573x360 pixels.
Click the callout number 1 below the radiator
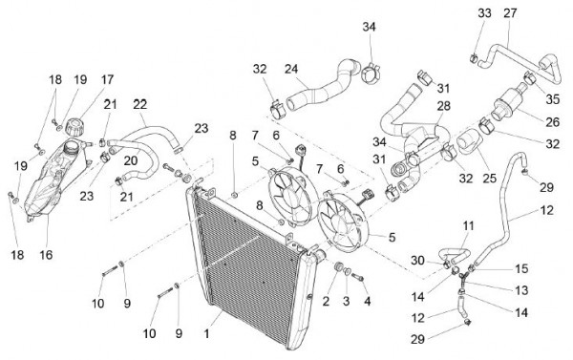[x=206, y=333]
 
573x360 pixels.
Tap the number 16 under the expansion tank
[x=47, y=255]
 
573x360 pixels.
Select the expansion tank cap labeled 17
[x=74, y=127]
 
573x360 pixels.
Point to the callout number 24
[x=291, y=69]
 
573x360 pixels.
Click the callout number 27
[x=510, y=13]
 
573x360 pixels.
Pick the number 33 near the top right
[x=484, y=13]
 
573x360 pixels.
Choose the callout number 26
[x=552, y=122]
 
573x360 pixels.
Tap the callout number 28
[x=444, y=106]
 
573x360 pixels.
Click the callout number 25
[x=489, y=178]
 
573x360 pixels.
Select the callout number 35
[x=553, y=98]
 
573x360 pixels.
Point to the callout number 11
[x=468, y=226]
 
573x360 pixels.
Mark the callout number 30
[x=417, y=261]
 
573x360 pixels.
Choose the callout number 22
[x=140, y=104]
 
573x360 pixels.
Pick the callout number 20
[x=131, y=160]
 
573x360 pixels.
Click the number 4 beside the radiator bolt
[x=368, y=301]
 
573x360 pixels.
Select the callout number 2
[x=326, y=301]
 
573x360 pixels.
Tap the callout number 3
[x=346, y=301]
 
